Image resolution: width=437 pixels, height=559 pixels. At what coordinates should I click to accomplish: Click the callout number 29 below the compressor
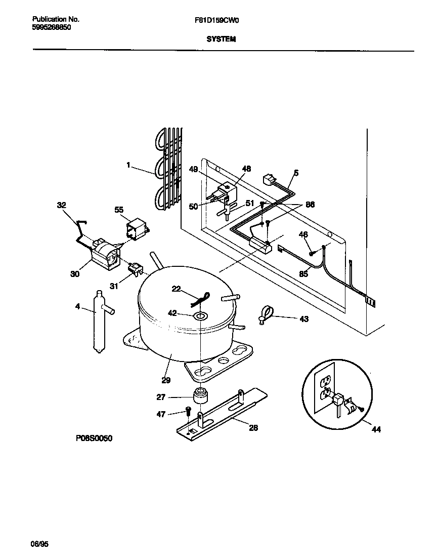point(166,380)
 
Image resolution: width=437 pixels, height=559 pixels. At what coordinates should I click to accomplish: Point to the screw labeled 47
point(188,411)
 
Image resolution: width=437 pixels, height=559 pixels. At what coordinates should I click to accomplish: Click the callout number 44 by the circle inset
point(376,429)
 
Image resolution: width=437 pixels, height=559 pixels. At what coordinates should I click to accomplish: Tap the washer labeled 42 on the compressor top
point(201,315)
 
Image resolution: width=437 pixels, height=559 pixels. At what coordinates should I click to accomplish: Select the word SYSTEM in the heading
point(221,39)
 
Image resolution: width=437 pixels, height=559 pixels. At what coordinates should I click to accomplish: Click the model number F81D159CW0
point(216,20)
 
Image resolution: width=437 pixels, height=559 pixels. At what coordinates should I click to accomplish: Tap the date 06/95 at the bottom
point(39,544)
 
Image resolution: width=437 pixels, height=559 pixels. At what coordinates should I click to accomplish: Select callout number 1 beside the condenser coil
point(128,165)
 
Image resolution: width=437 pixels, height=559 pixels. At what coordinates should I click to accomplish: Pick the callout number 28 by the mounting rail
point(253,428)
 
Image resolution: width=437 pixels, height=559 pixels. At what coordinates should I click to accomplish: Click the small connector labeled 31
point(135,267)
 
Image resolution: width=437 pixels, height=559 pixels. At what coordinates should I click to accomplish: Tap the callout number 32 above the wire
point(61,205)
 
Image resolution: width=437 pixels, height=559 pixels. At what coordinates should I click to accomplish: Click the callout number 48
point(246,169)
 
